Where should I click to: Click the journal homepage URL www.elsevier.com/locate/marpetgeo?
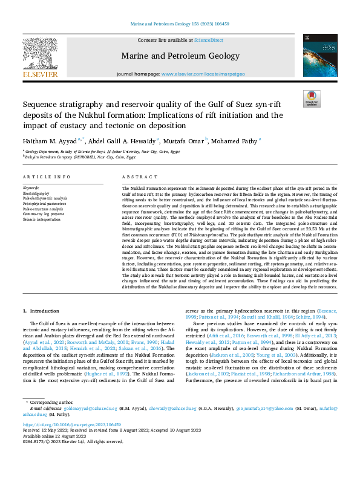[205, 74]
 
